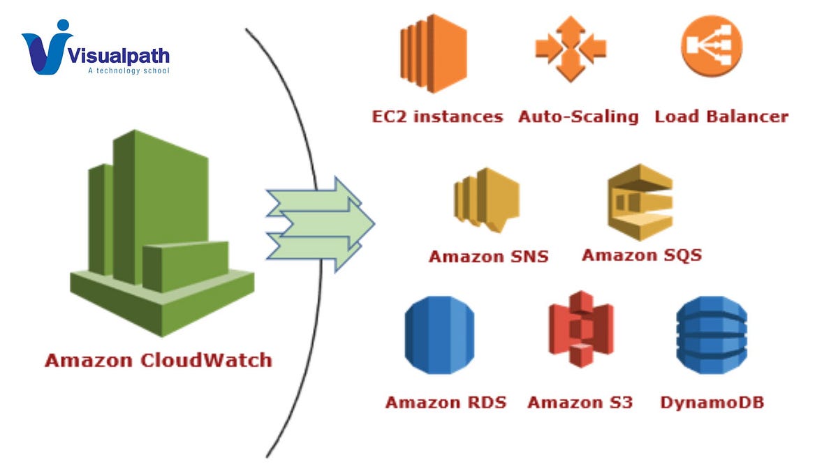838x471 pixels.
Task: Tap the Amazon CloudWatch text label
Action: click(159, 361)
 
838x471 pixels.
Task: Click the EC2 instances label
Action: click(437, 117)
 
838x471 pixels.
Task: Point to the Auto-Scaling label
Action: click(578, 117)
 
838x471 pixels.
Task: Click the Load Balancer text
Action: click(721, 117)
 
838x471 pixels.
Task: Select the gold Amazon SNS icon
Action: click(486, 200)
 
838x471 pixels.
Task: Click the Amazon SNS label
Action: click(488, 256)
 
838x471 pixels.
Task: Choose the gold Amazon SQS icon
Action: click(640, 202)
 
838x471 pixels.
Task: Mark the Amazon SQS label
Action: click(641, 255)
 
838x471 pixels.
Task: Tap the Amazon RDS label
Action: click(446, 403)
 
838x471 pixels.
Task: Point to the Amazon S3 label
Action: click(580, 403)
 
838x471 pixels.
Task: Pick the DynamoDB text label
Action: click(712, 403)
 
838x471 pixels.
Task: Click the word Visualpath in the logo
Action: click(119, 55)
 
